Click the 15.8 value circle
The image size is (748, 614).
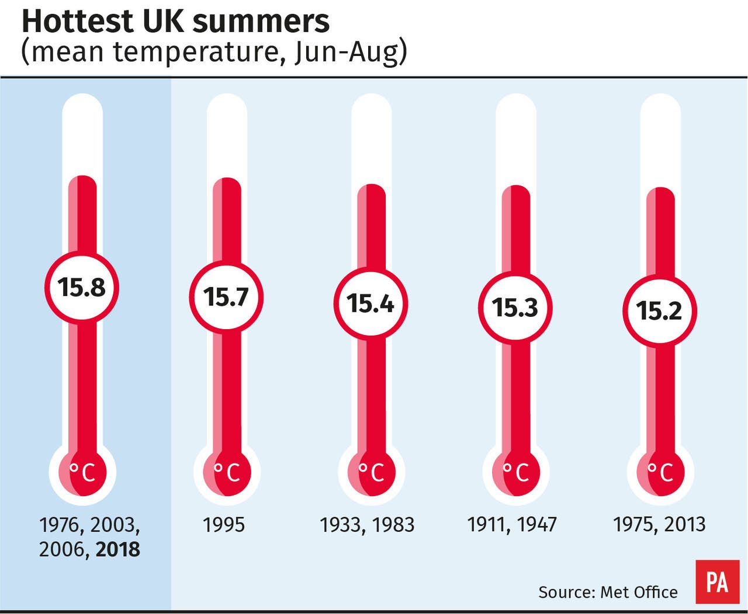(x=82, y=287)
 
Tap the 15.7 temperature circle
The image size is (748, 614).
(x=226, y=297)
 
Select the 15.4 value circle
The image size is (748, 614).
(x=370, y=303)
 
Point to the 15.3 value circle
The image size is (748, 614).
(x=515, y=308)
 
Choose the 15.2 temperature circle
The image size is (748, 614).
(x=659, y=311)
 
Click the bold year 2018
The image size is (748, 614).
(x=118, y=549)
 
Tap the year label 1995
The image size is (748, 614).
(x=224, y=525)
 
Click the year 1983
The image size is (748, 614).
(x=394, y=525)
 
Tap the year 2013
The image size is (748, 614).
(x=685, y=525)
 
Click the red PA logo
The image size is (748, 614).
(x=717, y=582)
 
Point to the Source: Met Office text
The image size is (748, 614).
(x=608, y=592)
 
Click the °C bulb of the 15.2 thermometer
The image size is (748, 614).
(x=661, y=472)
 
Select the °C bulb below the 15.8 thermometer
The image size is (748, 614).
(x=84, y=472)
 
